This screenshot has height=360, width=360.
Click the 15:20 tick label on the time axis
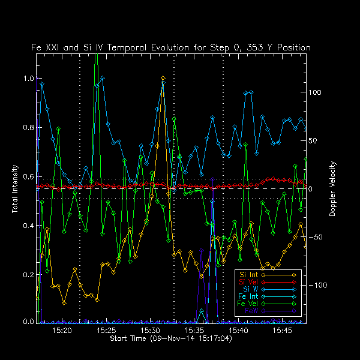[x=62, y=331]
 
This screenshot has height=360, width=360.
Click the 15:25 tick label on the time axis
[x=106, y=331]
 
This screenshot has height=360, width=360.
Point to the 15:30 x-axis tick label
[x=151, y=331]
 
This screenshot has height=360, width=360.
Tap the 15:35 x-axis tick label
[x=194, y=331]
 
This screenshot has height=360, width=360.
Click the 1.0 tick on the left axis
[x=28, y=79]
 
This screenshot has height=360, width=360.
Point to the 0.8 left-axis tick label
[x=28, y=128]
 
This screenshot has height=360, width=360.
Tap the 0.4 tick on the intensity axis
[x=28, y=226]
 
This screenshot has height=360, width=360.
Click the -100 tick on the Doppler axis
[x=319, y=286]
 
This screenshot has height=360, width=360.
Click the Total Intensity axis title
[x=14, y=190]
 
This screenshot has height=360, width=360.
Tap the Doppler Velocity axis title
[x=332, y=189]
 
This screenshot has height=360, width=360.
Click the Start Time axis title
[x=171, y=339]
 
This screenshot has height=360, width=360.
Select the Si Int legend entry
[x=248, y=275]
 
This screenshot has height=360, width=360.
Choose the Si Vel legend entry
[x=248, y=282]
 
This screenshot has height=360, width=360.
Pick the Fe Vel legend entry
[x=248, y=304]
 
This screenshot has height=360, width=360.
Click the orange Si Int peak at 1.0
[x=163, y=78]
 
